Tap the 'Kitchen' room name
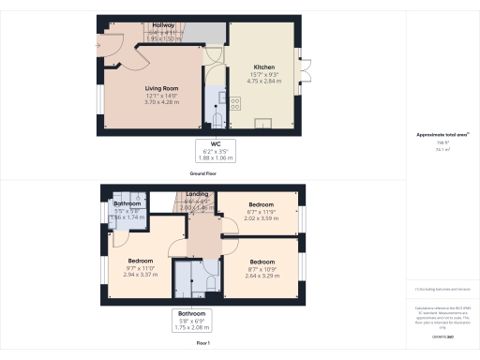point(263,67)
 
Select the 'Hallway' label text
point(163,26)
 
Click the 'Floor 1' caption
point(202,344)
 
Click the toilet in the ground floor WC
point(217,121)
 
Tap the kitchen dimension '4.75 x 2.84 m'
point(263,82)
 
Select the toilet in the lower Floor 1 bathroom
point(211,280)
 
